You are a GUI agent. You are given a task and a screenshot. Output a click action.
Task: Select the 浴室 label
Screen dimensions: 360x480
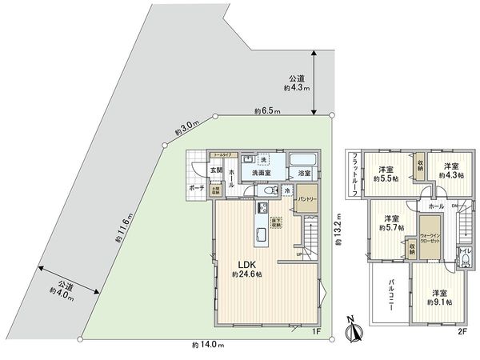[x=304, y=174]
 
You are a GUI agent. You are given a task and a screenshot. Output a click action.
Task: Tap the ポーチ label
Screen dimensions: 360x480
[x=196, y=187]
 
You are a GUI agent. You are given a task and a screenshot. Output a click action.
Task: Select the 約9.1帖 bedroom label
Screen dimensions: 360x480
[x=439, y=297]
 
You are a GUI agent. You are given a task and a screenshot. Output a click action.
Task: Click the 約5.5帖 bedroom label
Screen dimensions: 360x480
[x=386, y=173]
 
